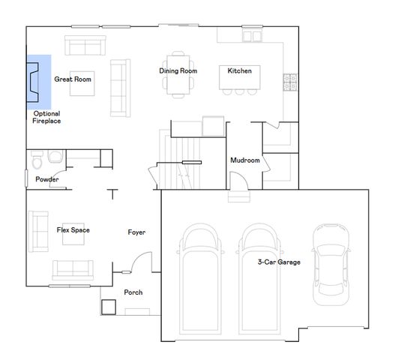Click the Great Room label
[x=73, y=78]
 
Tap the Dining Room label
[x=178, y=71]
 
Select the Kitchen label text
[x=239, y=71]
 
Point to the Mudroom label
[x=244, y=160]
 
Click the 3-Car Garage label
[x=279, y=262]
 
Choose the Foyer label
[x=136, y=232]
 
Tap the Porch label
[x=133, y=292]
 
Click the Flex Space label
[x=73, y=229]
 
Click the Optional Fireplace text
[x=46, y=117]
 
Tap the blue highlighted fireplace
[x=39, y=81]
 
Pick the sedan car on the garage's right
[x=331, y=262]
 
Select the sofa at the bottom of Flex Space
[x=71, y=269]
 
